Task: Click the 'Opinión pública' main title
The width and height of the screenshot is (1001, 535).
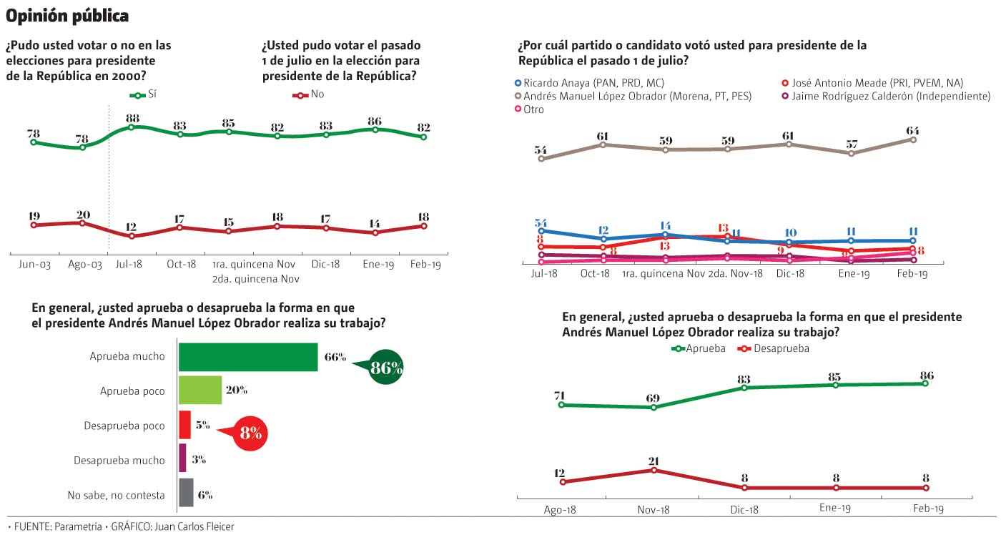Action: click(68, 15)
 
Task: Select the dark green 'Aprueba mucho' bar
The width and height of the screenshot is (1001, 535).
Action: click(247, 357)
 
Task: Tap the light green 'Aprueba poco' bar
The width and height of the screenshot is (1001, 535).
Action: click(199, 391)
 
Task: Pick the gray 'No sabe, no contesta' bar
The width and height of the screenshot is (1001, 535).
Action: click(186, 494)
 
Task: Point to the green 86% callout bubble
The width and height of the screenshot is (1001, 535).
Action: click(386, 369)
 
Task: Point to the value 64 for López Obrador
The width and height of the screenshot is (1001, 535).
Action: click(912, 131)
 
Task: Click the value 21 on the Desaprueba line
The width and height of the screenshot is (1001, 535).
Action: click(653, 461)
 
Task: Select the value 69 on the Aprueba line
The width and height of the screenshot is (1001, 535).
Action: click(653, 398)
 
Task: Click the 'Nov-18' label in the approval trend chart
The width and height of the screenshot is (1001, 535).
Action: click(653, 509)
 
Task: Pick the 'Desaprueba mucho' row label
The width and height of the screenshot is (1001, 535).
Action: click(119, 461)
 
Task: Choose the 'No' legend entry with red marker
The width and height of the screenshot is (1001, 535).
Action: click(310, 94)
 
